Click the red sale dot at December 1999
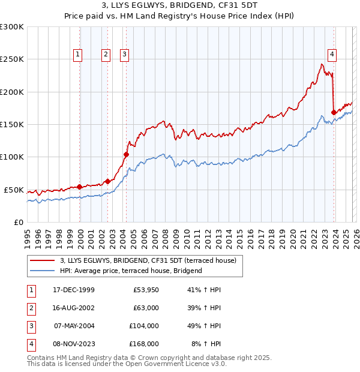[80, 187]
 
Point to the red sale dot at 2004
[126, 154]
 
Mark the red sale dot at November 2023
[334, 112]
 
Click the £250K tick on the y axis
[12, 59]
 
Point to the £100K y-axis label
[12, 157]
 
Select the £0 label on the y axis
[18, 222]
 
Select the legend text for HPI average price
[131, 271]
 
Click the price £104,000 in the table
[144, 326]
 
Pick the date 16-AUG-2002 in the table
[74, 308]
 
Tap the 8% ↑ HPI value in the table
[206, 344]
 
